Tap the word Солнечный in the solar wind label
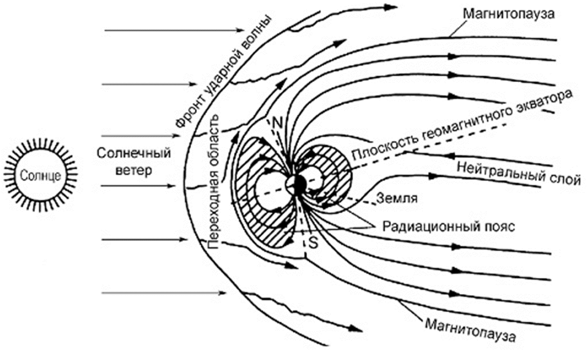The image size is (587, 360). point(134,154)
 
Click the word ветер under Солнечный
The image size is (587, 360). point(134,171)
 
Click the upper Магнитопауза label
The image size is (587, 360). point(509,14)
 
